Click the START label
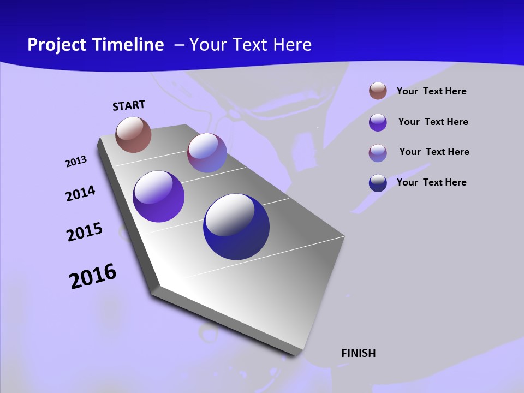click(129, 105)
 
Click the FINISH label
click(358, 353)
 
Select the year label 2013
click(76, 162)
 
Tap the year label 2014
click(80, 194)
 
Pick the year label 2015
click(84, 232)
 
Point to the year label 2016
click(93, 276)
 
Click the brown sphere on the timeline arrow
click(133, 134)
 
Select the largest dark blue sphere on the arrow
click(236, 227)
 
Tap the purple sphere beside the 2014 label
click(158, 196)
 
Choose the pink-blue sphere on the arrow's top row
click(207, 153)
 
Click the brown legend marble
click(378, 91)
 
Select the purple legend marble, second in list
click(378, 122)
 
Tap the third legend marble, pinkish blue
click(378, 153)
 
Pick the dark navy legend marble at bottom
click(378, 183)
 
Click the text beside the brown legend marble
click(431, 91)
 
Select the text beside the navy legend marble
click(431, 182)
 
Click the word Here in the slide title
click(292, 45)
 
